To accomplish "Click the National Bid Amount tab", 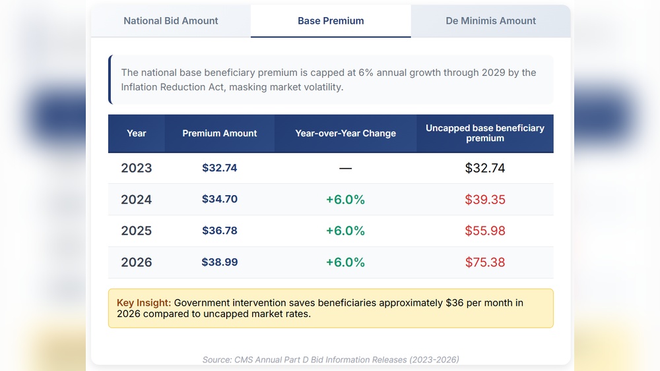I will point(171,21).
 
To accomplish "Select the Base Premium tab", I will point(331,21).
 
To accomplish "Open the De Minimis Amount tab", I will point(490,21).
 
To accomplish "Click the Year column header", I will point(137,133).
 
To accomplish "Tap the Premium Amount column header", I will point(220,133).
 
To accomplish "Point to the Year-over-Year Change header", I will point(345,133).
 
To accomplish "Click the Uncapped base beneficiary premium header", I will point(485,133).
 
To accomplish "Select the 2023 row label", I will point(137,168).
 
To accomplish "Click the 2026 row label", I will point(137,262).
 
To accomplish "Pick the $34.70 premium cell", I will point(220,199).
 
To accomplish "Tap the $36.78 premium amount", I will point(220,231).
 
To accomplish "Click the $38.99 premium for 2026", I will point(220,262).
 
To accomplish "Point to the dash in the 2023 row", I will point(345,169).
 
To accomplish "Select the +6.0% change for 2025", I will point(345,231).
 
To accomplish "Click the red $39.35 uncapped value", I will point(485,200).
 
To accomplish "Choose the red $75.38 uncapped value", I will point(485,262).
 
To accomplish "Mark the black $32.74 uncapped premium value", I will point(485,168).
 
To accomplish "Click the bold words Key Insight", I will point(144,302).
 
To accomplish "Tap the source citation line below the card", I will point(331,360).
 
